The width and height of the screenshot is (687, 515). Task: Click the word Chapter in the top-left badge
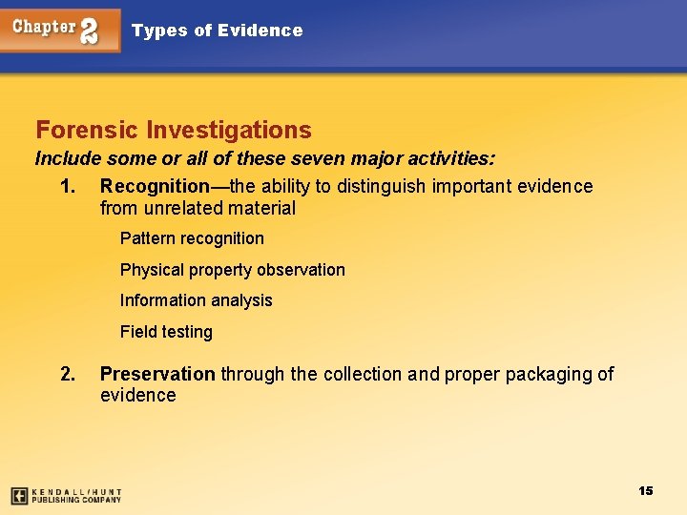tap(45, 27)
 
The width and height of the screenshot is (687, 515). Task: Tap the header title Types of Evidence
tap(217, 31)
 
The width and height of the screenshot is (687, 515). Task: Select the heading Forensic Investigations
tap(174, 130)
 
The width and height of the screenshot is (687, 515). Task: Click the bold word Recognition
tap(154, 187)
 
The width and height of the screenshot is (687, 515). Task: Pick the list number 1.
tap(67, 187)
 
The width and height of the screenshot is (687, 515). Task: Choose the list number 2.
tap(67, 374)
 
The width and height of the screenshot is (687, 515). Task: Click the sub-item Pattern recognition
tap(192, 238)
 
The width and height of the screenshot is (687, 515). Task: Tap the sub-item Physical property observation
tap(233, 270)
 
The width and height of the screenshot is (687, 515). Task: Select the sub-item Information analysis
tap(197, 300)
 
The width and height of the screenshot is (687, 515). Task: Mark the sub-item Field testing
tap(166, 332)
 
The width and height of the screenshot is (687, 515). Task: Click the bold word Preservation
tap(157, 374)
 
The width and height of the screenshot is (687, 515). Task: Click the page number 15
tap(646, 490)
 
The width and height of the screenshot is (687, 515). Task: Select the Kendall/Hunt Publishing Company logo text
tap(76, 496)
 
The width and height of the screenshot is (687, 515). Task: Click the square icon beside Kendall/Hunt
tap(19, 496)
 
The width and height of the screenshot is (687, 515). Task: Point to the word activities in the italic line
tap(449, 157)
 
